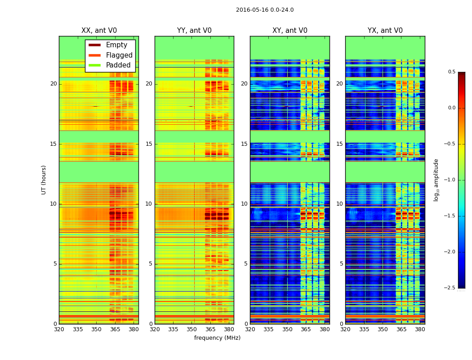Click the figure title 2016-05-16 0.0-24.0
pyautogui.click(x=265, y=10)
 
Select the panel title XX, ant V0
pyautogui.click(x=99, y=31)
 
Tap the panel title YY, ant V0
pyautogui.click(x=194, y=31)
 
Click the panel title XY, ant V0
pyautogui.click(x=290, y=31)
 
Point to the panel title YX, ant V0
pyautogui.click(x=385, y=31)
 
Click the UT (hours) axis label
pyautogui.click(x=44, y=180)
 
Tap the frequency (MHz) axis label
pyautogui.click(x=217, y=338)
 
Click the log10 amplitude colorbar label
pyautogui.click(x=436, y=180)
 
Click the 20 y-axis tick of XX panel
pyautogui.click(x=53, y=84)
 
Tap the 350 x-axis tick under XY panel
pyautogui.click(x=287, y=329)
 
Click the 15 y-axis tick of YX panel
pyautogui.click(x=340, y=144)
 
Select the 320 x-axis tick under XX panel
pyautogui.click(x=59, y=329)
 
